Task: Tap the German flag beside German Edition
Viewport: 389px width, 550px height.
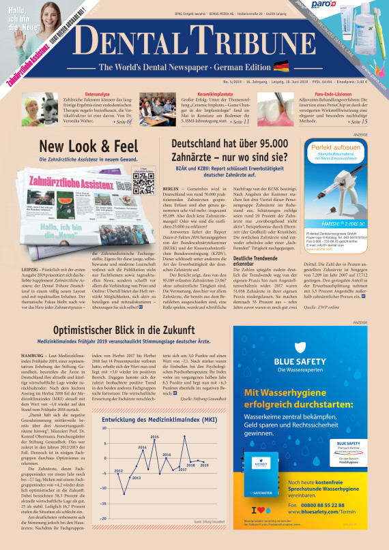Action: (x=280, y=67)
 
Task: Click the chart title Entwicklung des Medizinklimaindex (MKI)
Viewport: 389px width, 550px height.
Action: (x=152, y=419)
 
